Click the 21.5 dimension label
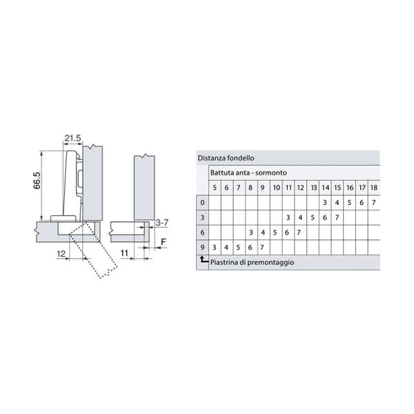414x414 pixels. (72, 138)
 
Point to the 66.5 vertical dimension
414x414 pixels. (37, 180)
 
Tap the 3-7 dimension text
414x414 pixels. (162, 223)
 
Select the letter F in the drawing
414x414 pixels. (164, 242)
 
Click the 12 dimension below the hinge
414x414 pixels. (61, 254)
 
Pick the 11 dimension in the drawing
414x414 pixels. (124, 253)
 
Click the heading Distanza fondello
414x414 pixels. (226, 158)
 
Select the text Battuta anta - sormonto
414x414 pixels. (248, 172)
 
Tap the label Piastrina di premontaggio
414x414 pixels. (252, 262)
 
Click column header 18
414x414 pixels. (374, 188)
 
